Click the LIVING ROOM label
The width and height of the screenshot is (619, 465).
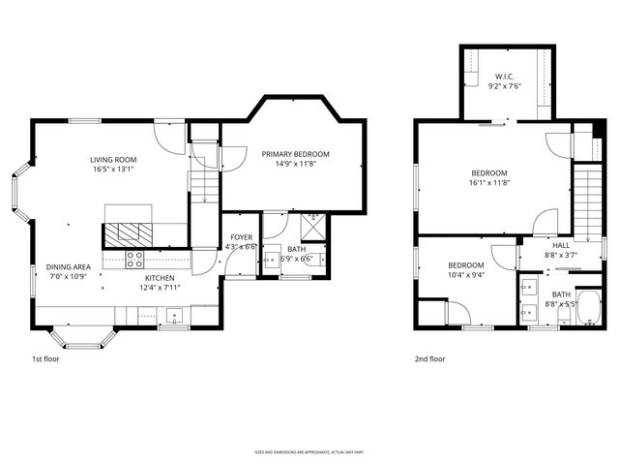click(x=113, y=160)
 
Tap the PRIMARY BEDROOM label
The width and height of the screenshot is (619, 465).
click(x=295, y=154)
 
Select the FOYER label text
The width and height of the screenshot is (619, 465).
click(x=241, y=237)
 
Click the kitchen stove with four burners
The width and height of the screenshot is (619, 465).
click(x=135, y=259)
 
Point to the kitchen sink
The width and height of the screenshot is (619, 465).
click(x=174, y=315)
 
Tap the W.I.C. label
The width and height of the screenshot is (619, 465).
click(x=504, y=76)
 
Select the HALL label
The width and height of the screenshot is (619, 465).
click(x=561, y=245)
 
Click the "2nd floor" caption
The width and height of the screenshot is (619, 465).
click(x=430, y=358)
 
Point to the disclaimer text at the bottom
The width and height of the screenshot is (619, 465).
click(x=309, y=451)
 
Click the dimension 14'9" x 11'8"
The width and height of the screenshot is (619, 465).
click(x=295, y=165)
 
